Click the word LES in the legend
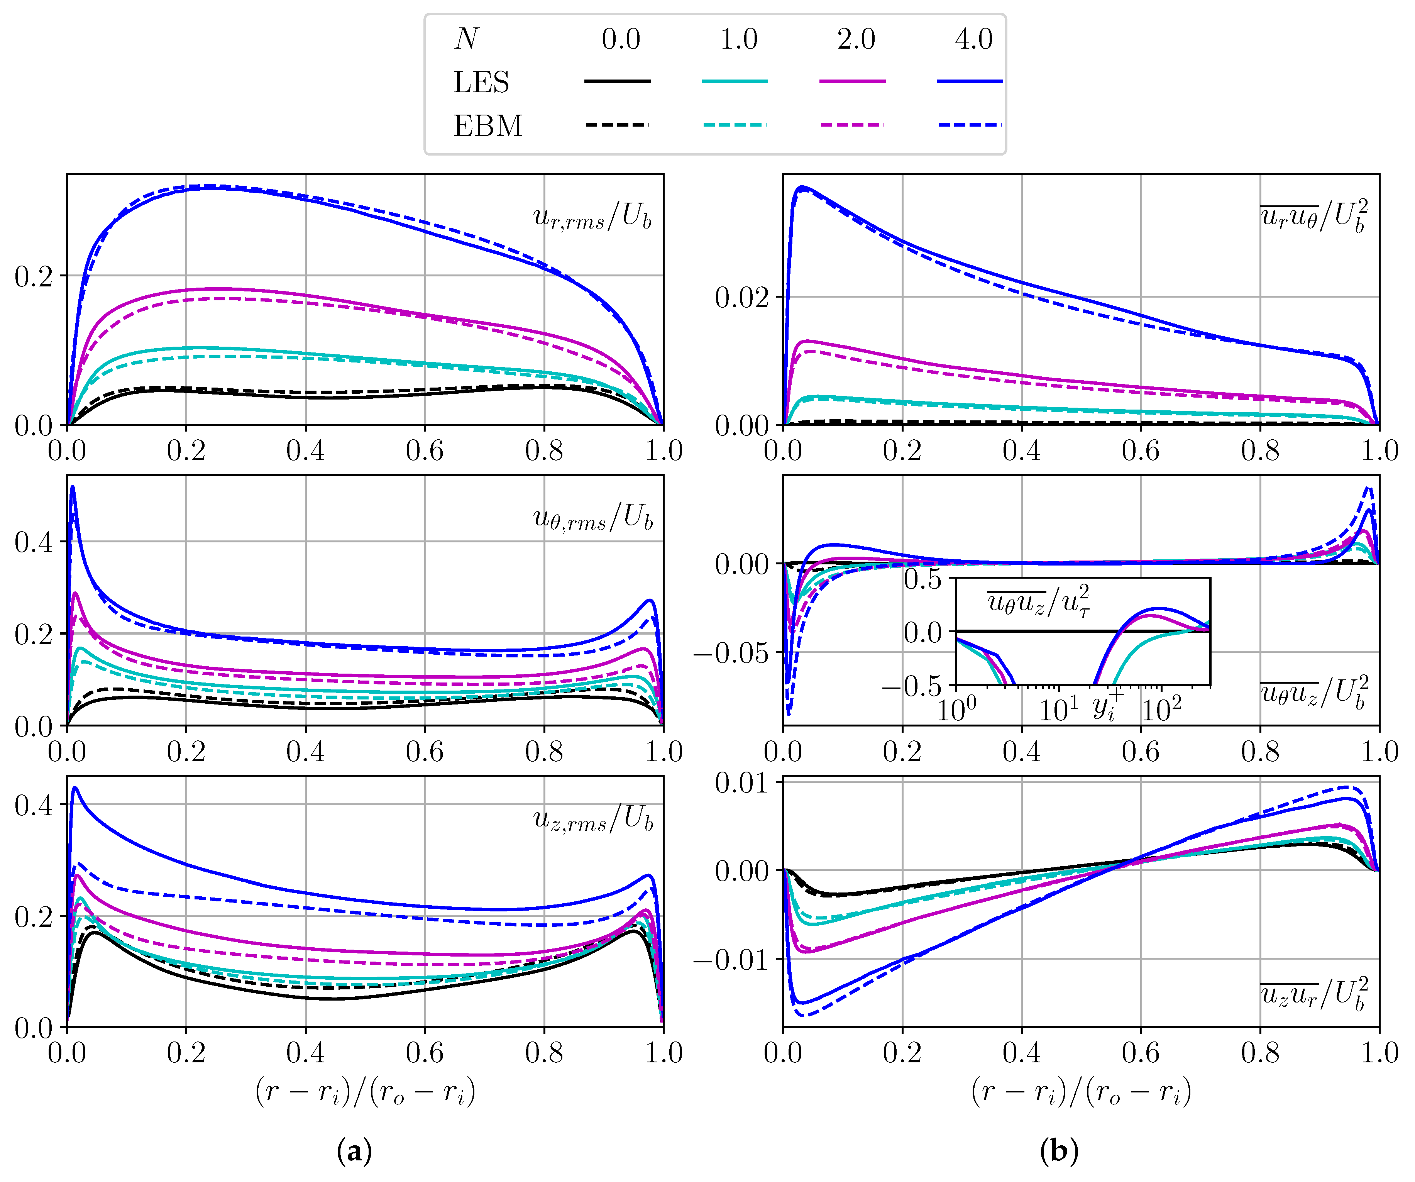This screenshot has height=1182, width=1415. click(x=481, y=82)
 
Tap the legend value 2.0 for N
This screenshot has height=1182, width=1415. click(x=856, y=39)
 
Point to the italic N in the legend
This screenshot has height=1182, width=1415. click(x=466, y=39)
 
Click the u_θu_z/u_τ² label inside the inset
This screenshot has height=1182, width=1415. click(x=1038, y=600)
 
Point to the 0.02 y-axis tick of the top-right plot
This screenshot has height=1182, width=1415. click(x=741, y=297)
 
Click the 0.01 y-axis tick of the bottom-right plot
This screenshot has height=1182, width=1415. click(x=741, y=783)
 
